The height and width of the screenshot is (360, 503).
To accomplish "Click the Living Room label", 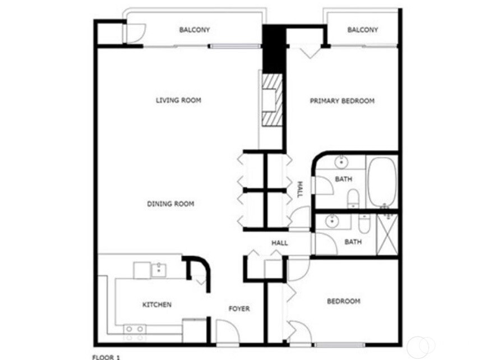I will tap(178, 100).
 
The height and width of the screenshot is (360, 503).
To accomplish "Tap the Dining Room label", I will tap(170, 204).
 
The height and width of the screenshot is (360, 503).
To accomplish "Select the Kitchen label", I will tap(156, 304).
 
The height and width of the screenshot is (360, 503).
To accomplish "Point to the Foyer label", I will tap(239, 309).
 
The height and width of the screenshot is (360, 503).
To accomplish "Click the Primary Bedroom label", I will tap(342, 101).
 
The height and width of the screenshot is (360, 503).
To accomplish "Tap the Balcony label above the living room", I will tap(195, 30).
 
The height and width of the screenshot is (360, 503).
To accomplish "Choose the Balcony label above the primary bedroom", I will tap(362, 30).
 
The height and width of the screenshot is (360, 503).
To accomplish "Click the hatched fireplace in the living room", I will tap(271, 100).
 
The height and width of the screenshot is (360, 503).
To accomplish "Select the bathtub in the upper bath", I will tap(382, 181).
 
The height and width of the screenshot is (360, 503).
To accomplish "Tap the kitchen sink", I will tap(158, 270).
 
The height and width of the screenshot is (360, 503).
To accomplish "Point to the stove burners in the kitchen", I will tap(134, 333).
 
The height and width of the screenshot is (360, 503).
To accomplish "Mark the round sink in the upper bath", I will tap(341, 163).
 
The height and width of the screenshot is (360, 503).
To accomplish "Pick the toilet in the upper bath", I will tap(353, 199).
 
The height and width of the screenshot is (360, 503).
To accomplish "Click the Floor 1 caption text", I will tap(105, 356).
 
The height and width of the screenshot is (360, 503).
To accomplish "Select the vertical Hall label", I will tap(299, 189).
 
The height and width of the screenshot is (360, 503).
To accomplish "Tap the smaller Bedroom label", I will tap(343, 301).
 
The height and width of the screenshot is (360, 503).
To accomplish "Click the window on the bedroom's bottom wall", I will tap(339, 344).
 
